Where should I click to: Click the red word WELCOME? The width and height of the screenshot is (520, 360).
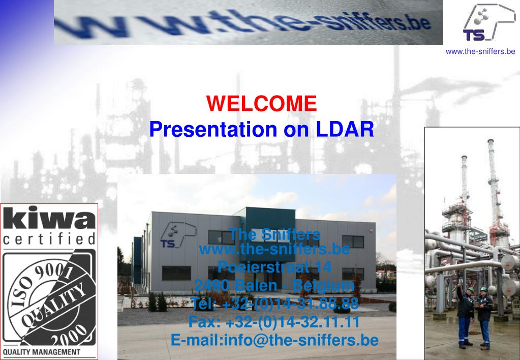point(261,104)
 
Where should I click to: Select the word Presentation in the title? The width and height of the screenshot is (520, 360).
point(214,129)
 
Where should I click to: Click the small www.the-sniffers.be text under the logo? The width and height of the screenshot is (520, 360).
point(480,51)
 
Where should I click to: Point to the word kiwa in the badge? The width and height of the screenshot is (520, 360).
point(49,219)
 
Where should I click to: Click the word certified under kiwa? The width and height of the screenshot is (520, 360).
point(49,239)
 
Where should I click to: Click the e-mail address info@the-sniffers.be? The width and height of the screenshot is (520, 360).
point(274,340)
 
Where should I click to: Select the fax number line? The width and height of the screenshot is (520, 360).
point(274,322)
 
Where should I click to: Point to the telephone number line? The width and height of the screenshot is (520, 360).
point(274,304)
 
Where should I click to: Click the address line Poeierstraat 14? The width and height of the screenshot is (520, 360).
point(274,266)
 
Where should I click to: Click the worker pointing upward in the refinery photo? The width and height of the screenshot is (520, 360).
point(465,315)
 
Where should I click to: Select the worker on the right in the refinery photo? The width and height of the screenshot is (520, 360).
point(484,315)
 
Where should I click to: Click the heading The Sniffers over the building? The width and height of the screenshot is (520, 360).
point(274,234)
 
